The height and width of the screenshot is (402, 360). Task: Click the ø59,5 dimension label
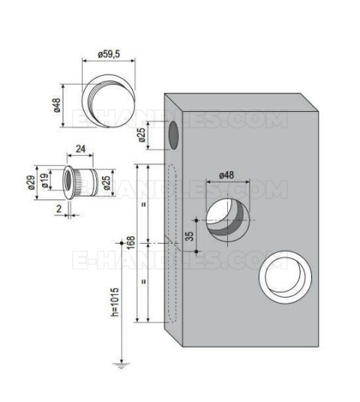tap(109, 54)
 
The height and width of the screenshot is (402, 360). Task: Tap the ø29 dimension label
tap(31, 182)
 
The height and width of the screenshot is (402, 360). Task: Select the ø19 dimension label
tap(44, 181)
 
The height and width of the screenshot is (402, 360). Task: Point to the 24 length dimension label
tap(80, 148)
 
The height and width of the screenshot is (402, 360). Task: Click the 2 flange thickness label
tap(59, 209)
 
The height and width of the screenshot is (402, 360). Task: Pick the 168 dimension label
tap(130, 242)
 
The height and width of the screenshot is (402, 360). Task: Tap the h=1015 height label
tap(115, 302)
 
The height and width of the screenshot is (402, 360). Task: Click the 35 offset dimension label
tap(189, 236)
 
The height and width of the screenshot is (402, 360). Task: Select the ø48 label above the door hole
tap(226, 175)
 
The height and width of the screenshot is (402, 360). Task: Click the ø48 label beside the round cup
tap(57, 105)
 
